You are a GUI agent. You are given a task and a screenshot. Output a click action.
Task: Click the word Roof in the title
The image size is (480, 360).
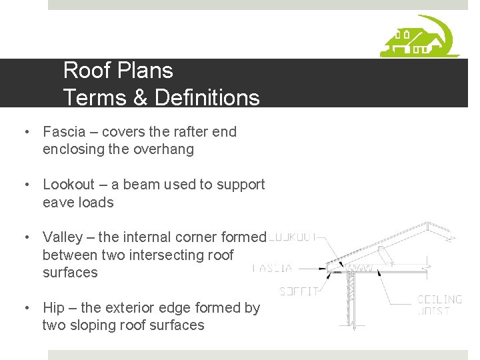[83, 71]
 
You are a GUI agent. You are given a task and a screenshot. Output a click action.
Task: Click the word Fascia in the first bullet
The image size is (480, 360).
[63, 132]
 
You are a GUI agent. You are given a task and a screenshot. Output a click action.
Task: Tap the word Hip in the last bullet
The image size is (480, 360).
[54, 308]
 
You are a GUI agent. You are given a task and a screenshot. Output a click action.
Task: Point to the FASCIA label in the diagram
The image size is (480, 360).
[273, 269]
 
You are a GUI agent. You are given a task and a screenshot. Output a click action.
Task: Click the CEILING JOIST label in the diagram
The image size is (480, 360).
[439, 305]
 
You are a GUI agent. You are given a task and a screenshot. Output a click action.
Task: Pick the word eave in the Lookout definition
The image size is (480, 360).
[57, 202]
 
